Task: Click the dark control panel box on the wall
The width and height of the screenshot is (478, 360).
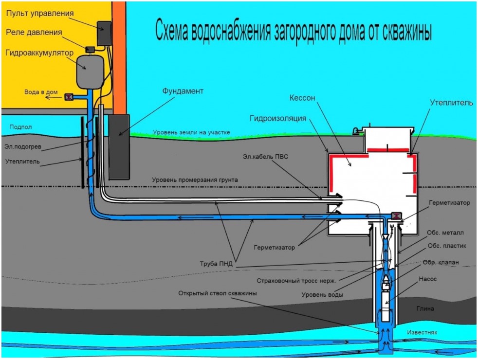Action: pos(104,33)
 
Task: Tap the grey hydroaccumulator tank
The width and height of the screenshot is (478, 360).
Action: pos(90,72)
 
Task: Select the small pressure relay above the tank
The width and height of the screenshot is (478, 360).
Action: pos(90,49)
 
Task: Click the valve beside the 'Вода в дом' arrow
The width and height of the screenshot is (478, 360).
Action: pos(69,97)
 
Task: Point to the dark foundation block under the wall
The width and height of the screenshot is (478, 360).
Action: pos(119,147)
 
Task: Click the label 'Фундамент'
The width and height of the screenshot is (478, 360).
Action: pos(183,91)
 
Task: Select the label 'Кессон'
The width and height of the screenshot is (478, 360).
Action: pos(302,98)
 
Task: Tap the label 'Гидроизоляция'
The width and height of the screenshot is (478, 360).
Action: pos(278,118)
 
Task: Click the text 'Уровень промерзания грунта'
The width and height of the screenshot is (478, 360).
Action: pos(195,180)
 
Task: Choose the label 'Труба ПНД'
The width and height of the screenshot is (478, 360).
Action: pos(216,264)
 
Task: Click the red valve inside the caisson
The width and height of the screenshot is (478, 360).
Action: pos(396,216)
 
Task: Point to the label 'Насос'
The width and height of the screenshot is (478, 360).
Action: pos(427,279)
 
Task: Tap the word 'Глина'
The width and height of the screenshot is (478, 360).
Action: pos(425,308)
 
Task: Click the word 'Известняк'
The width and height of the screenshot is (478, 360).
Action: pos(422,332)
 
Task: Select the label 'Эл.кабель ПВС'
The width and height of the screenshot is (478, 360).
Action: pos(265,157)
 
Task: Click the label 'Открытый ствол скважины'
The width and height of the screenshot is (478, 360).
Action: pos(218,293)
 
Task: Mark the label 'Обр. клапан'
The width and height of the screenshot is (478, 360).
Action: pos(441,262)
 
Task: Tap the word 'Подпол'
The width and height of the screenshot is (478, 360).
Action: pos(20,127)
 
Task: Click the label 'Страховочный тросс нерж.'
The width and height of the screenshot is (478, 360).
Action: pos(296,281)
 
